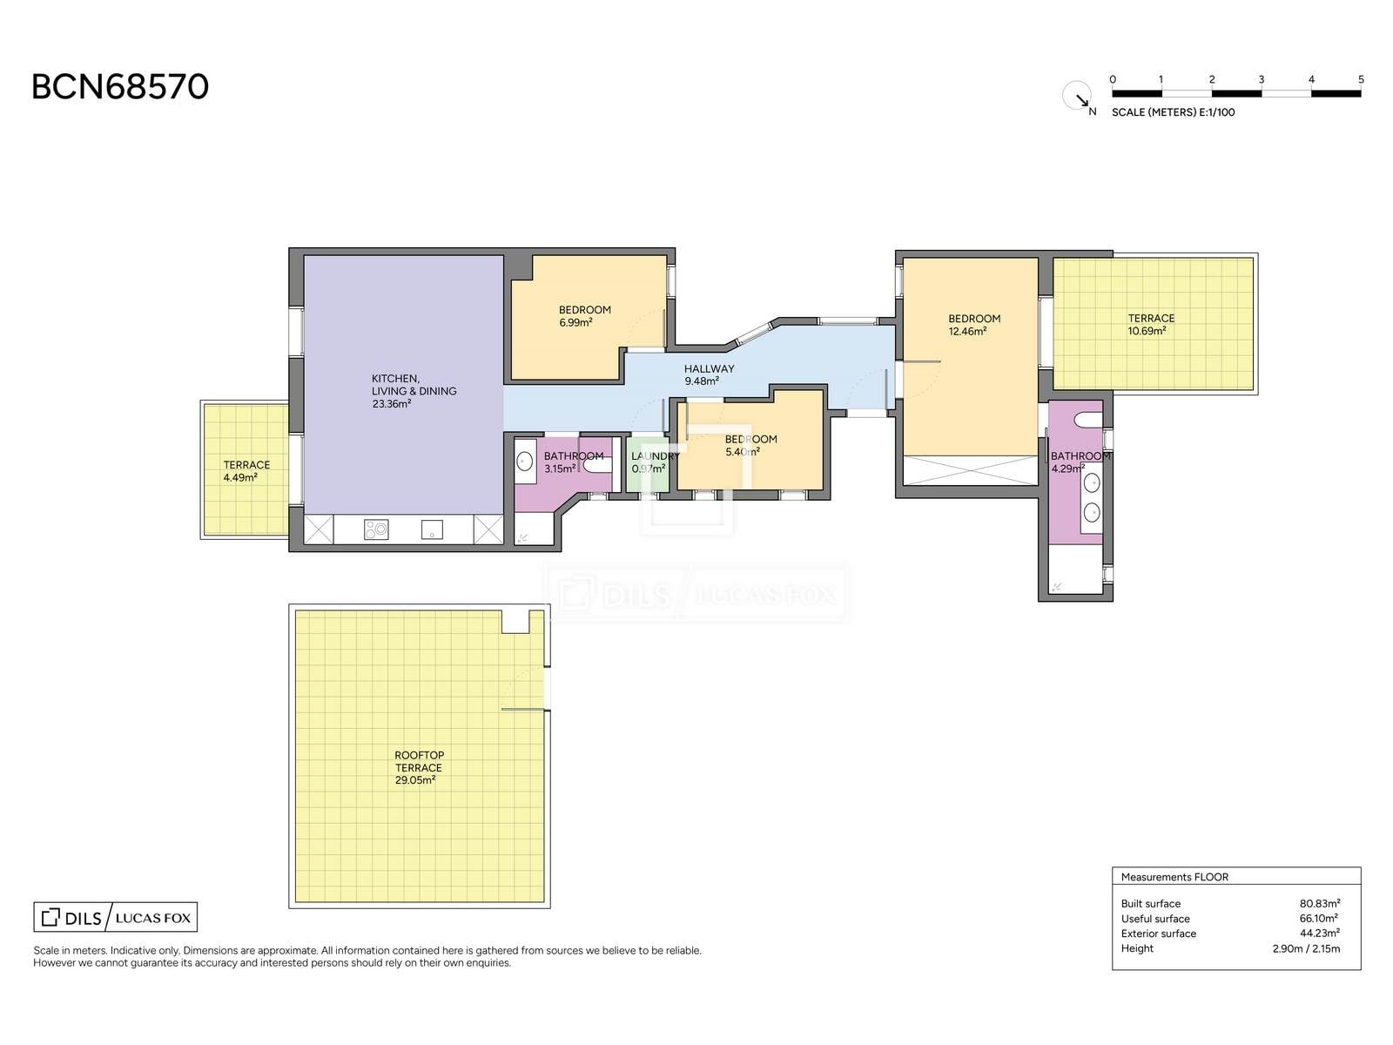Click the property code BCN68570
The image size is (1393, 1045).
pyautogui.click(x=120, y=87)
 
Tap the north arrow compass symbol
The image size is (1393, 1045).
pyautogui.click(x=1078, y=97)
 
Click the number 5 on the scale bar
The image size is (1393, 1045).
pyautogui.click(x=1361, y=80)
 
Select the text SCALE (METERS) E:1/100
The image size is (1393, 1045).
pyautogui.click(x=1173, y=112)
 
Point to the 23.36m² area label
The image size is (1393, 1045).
pyautogui.click(x=392, y=403)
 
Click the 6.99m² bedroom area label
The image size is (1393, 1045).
pyautogui.click(x=575, y=322)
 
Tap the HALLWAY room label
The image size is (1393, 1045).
pyautogui.click(x=709, y=368)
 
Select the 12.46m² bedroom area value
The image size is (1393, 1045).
pyautogui.click(x=967, y=331)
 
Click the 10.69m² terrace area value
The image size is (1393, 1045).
pyautogui.click(x=1147, y=331)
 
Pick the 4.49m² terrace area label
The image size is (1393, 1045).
pyautogui.click(x=240, y=478)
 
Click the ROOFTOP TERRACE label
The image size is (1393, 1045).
pyautogui.click(x=419, y=761)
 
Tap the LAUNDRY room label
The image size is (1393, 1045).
pyautogui.click(x=655, y=456)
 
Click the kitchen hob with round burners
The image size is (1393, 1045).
pyautogui.click(x=376, y=529)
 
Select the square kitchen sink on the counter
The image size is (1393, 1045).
pyautogui.click(x=432, y=529)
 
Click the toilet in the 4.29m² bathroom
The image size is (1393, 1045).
pyautogui.click(x=1089, y=420)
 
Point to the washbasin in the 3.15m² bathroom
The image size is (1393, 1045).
pyautogui.click(x=524, y=461)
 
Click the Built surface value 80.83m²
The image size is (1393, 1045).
pyautogui.click(x=1320, y=904)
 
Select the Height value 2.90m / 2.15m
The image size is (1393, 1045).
pyautogui.click(x=1306, y=948)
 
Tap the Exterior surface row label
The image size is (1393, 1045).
pyautogui.click(x=1158, y=934)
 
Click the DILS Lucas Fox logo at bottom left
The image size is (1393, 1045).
pyautogui.click(x=116, y=917)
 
